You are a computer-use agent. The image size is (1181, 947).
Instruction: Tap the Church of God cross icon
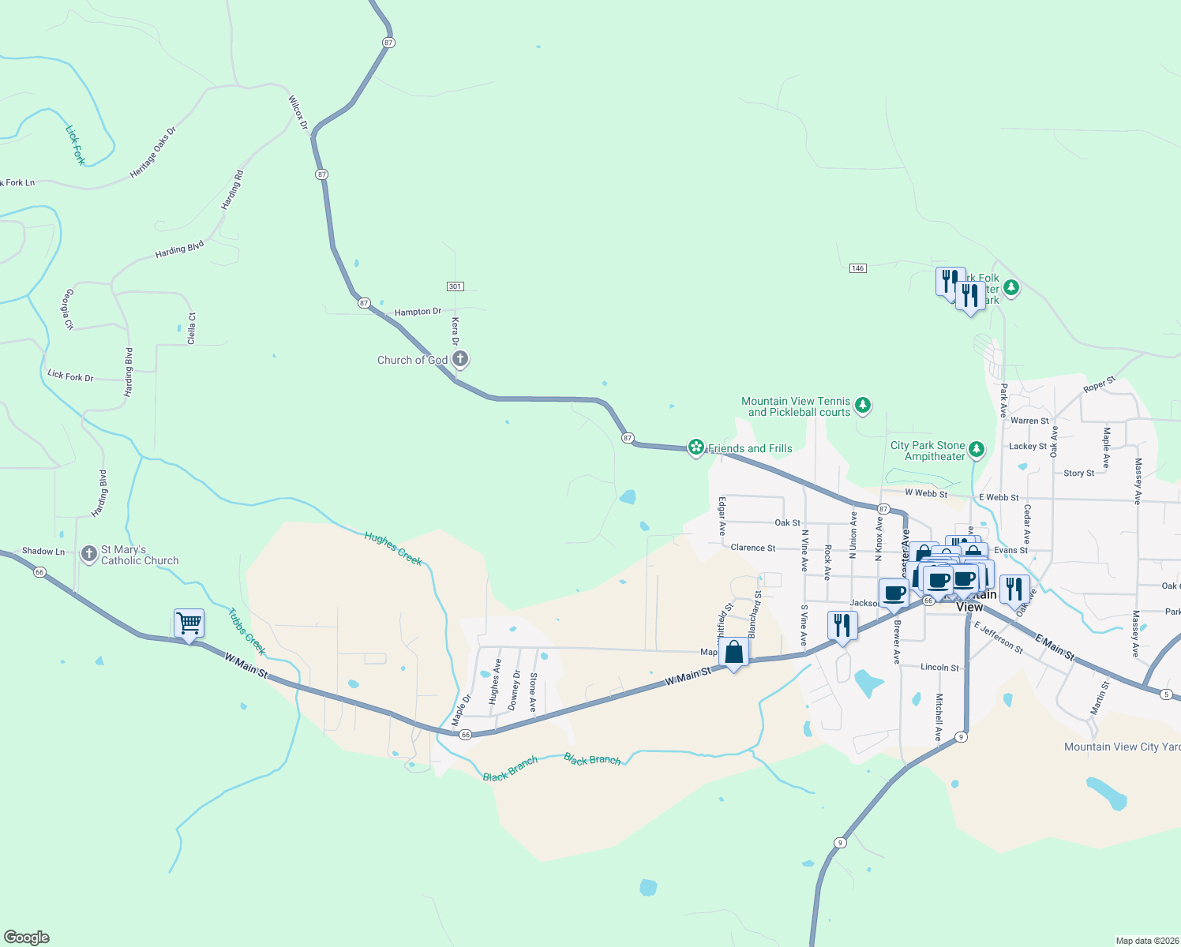(x=460, y=360)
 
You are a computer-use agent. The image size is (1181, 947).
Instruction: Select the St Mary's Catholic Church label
(x=140, y=555)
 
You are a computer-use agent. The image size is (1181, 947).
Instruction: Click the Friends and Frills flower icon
(x=695, y=448)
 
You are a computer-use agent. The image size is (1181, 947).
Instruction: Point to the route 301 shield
(x=455, y=286)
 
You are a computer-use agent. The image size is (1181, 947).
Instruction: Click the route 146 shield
(x=858, y=268)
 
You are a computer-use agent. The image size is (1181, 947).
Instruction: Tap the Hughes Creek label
(x=393, y=548)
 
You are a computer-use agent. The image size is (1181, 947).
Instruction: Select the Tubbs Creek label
(x=246, y=631)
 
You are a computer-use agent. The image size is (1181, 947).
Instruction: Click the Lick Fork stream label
(x=76, y=145)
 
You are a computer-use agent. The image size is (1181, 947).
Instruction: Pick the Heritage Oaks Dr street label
(x=153, y=152)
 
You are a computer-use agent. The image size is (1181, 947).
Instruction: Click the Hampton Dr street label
(x=418, y=312)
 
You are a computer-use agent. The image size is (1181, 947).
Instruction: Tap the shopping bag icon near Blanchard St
(x=734, y=653)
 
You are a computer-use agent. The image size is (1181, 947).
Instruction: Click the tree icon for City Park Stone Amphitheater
(x=977, y=449)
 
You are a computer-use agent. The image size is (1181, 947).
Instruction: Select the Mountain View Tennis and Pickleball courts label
(x=796, y=406)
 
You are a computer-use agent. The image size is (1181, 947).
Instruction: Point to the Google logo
(x=27, y=938)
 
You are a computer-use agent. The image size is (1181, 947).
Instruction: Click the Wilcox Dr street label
(x=297, y=113)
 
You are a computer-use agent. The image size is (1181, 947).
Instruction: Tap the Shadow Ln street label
(x=43, y=552)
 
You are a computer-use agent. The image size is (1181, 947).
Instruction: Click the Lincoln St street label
(x=939, y=668)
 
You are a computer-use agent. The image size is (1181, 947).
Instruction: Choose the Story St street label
(x=1078, y=473)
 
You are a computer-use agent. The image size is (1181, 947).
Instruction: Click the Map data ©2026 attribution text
(x=1146, y=941)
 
